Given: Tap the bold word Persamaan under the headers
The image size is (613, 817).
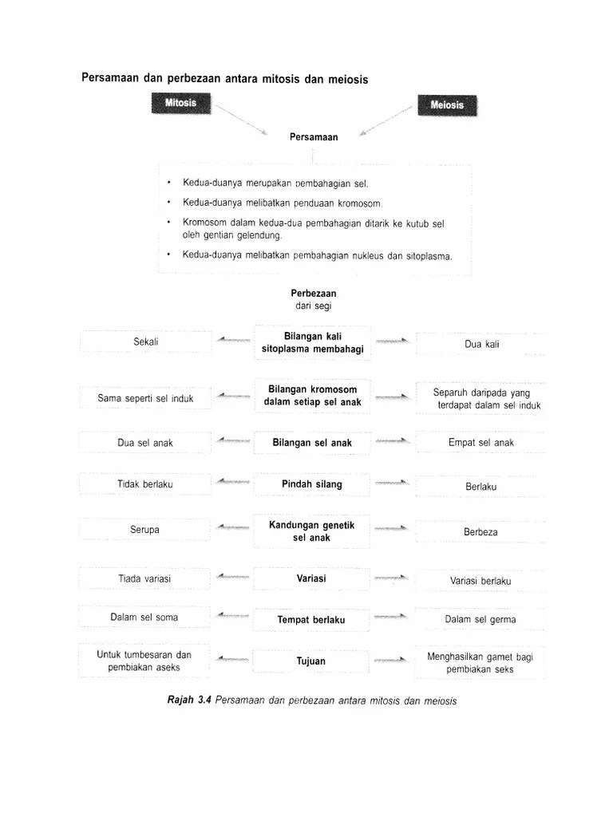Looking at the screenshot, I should pyautogui.click(x=314, y=137).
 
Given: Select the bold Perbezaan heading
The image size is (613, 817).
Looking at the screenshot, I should pyautogui.click(x=314, y=294).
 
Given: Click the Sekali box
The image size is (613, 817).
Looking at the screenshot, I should pyautogui.click(x=146, y=341).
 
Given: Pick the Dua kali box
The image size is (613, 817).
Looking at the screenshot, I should pyautogui.click(x=482, y=344).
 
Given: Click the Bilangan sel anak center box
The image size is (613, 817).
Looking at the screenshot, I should pyautogui.click(x=311, y=443).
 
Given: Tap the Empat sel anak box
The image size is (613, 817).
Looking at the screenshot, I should pyautogui.click(x=481, y=443).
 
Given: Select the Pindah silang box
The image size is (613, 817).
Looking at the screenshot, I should pyautogui.click(x=311, y=484).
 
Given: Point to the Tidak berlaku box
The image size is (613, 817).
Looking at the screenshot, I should pyautogui.click(x=145, y=483).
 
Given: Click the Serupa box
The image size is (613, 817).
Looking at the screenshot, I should pyautogui.click(x=145, y=530).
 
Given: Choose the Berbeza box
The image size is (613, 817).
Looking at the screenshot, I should pyautogui.click(x=481, y=531).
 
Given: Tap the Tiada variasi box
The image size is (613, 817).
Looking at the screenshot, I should pyautogui.click(x=145, y=578).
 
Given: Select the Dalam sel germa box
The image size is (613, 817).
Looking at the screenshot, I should pyautogui.click(x=481, y=619).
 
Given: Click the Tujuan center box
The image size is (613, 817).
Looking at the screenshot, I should pyautogui.click(x=311, y=661).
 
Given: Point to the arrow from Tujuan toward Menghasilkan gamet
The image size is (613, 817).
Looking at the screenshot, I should pyautogui.click(x=393, y=660).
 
